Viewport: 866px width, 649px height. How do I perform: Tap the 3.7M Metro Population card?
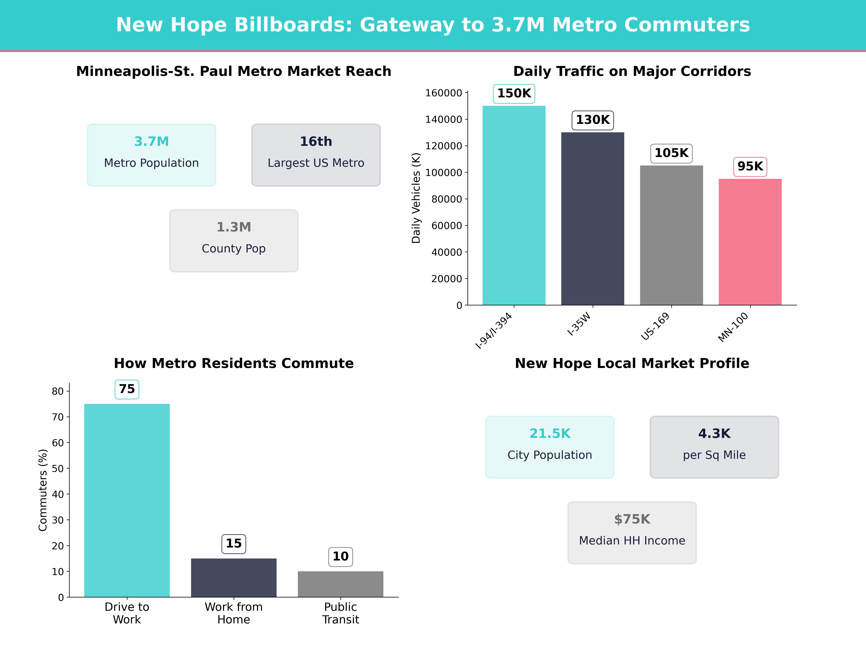point(152,155)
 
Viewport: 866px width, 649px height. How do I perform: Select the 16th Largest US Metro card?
point(316,155)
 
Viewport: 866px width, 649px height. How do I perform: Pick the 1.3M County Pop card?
point(234,241)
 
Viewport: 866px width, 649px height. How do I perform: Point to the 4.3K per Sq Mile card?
point(714,447)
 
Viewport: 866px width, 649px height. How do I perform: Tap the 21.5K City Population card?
point(550,447)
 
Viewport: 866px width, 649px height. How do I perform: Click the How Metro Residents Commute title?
point(234,363)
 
